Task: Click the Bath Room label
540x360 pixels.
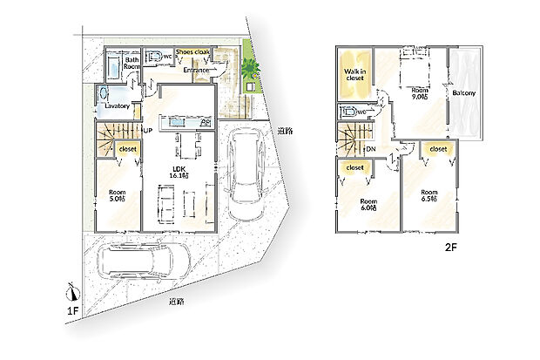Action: (132, 63)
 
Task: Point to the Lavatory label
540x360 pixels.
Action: (117, 106)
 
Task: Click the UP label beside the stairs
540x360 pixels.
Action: (148, 131)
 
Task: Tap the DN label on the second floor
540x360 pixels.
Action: (370, 149)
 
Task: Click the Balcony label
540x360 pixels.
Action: (464, 92)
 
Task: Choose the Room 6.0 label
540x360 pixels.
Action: (368, 205)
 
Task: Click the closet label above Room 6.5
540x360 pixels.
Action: (437, 149)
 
